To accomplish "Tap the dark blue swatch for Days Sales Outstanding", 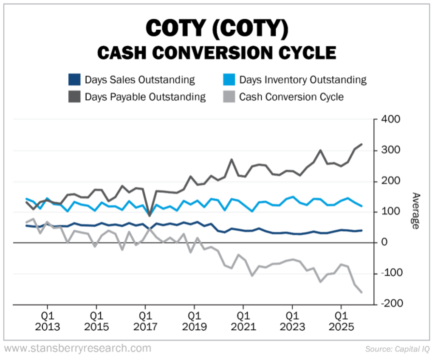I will pyautogui.click(x=74, y=80).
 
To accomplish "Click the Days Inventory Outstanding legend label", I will pyautogui.click(x=302, y=80).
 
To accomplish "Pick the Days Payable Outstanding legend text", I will pyautogui.click(x=145, y=97).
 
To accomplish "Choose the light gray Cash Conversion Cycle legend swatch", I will pyautogui.click(x=229, y=97).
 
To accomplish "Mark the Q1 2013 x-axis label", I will pyautogui.click(x=48, y=321).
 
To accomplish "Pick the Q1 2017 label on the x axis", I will pyautogui.click(x=145, y=321).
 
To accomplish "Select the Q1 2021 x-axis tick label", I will pyautogui.click(x=243, y=321).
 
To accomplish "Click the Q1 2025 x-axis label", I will pyautogui.click(x=341, y=321).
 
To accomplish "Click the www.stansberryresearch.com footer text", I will pyautogui.click(x=78, y=349).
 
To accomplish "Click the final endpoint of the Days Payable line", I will pyautogui.click(x=362, y=144).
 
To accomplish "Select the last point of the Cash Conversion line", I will pyautogui.click(x=362, y=292).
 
